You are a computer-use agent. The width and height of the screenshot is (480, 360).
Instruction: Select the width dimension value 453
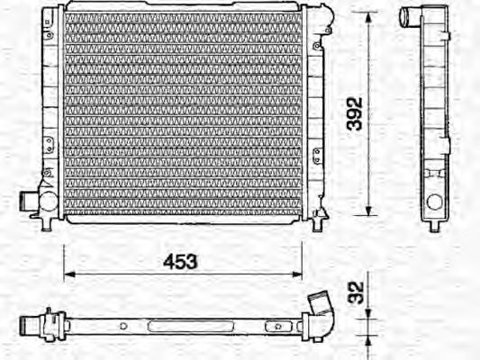click(x=180, y=262)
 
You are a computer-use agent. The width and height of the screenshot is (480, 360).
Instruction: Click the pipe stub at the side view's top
click(x=411, y=15)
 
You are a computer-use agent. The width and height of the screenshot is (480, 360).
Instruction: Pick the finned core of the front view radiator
click(x=180, y=112)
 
